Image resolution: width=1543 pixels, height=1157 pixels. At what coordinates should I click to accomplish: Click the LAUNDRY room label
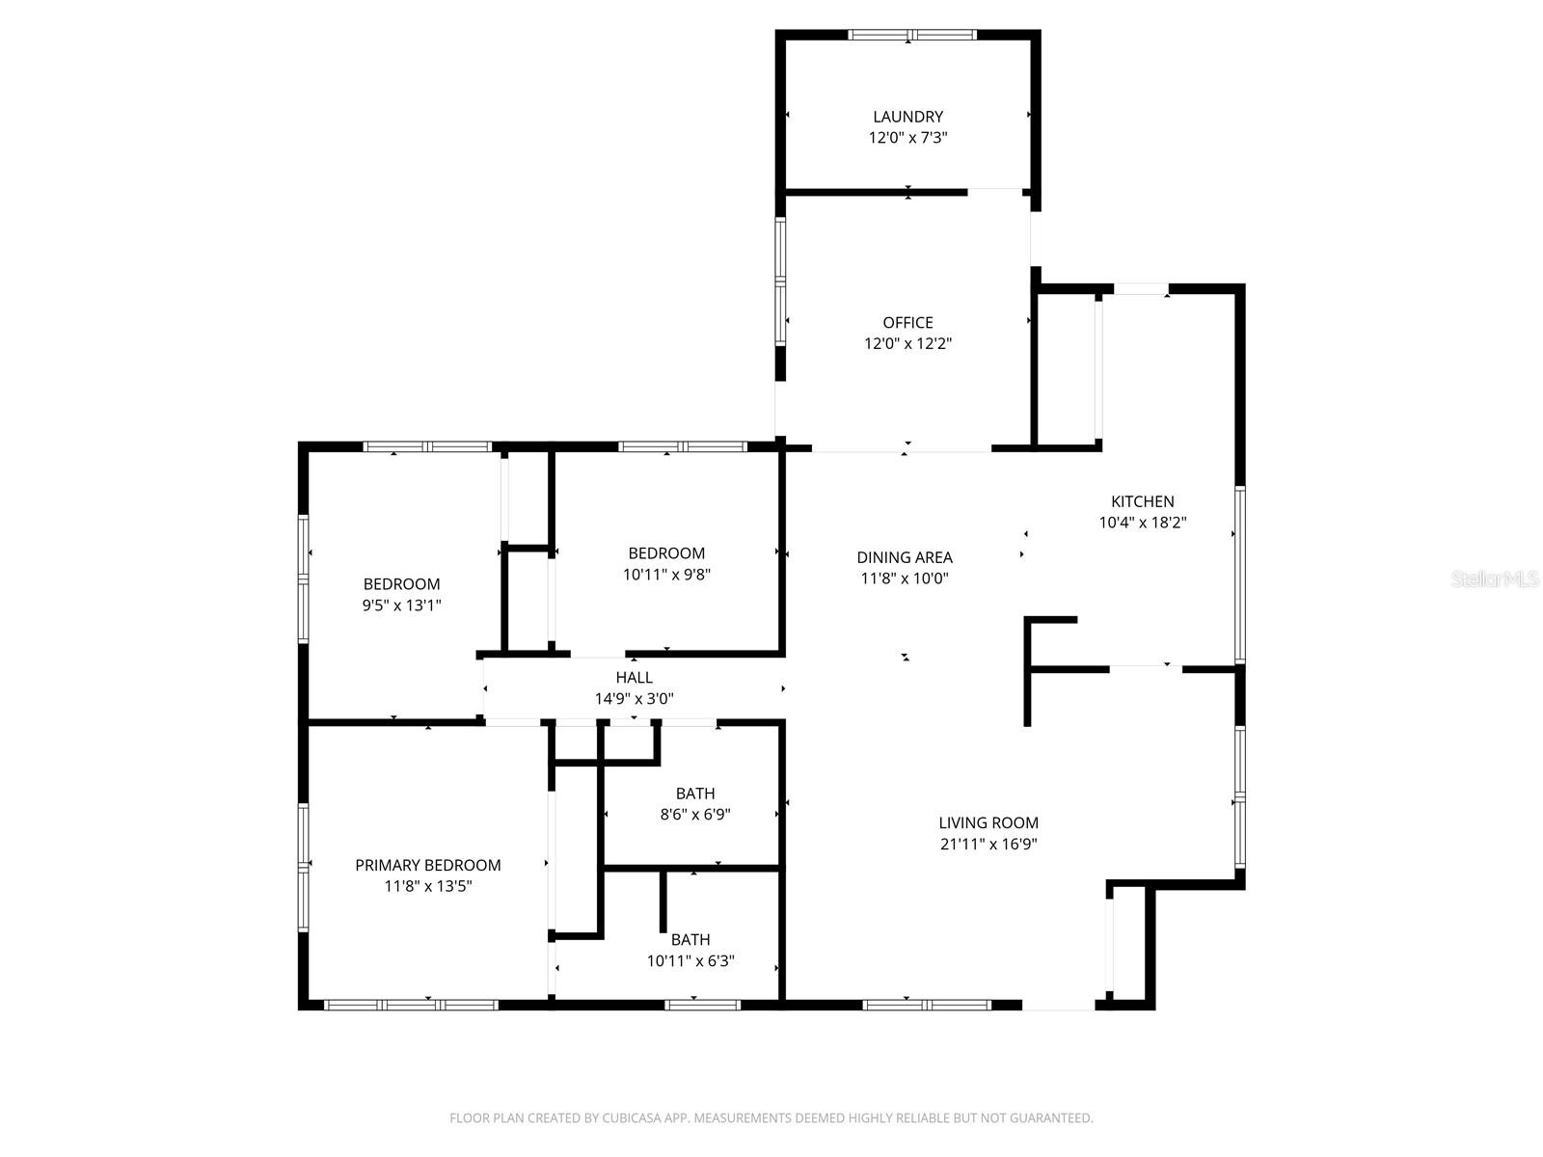click(x=907, y=117)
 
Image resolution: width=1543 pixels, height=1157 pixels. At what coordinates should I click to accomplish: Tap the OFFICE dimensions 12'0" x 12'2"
click(x=907, y=343)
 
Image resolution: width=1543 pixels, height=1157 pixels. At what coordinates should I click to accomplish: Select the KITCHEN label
click(x=1143, y=501)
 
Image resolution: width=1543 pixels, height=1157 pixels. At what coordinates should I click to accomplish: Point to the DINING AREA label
click(x=905, y=557)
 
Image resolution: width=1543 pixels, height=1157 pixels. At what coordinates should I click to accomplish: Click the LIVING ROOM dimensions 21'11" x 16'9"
click(x=988, y=844)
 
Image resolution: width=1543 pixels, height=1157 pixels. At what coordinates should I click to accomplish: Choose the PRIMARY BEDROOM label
click(x=428, y=865)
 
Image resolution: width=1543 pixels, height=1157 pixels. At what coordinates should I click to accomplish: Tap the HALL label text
click(x=634, y=678)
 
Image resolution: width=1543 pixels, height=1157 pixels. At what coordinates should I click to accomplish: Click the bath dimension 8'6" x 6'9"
click(x=694, y=814)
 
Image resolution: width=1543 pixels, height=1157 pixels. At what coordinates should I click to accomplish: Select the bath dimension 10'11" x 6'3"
click(x=690, y=960)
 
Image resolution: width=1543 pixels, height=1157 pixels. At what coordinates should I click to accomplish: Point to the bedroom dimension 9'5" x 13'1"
click(x=401, y=605)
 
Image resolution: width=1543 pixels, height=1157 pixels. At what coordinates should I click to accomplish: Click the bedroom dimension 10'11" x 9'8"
click(x=666, y=575)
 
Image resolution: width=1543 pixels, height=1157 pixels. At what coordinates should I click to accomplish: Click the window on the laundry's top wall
click(x=911, y=36)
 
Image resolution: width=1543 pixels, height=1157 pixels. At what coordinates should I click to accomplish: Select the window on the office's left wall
click(x=780, y=280)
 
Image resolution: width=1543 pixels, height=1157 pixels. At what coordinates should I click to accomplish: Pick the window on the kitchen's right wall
click(x=1240, y=574)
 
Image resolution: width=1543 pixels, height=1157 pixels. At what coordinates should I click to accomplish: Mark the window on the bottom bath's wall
click(x=702, y=1005)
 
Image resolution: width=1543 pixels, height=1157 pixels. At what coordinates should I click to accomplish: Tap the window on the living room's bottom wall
click(x=926, y=1005)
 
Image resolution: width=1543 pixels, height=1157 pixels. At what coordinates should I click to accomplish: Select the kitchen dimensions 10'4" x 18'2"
click(x=1143, y=523)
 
